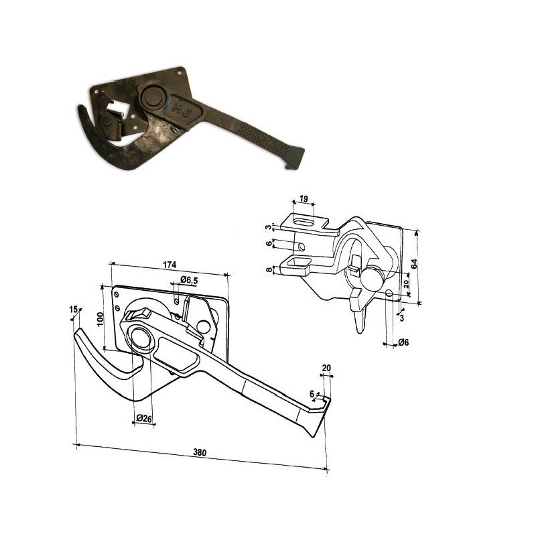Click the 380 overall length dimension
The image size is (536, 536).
pos(200,452)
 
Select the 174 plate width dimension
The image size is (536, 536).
pos(170,265)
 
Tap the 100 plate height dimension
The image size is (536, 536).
pos(100,319)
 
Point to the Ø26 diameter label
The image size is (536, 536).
pos(143,418)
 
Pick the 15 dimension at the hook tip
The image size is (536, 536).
pos(73,310)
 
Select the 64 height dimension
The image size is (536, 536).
pos(414,264)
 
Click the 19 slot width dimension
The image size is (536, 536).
pos(304,198)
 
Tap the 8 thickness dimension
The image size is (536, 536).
pos(269,269)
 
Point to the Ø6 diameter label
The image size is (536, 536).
pos(403,342)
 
